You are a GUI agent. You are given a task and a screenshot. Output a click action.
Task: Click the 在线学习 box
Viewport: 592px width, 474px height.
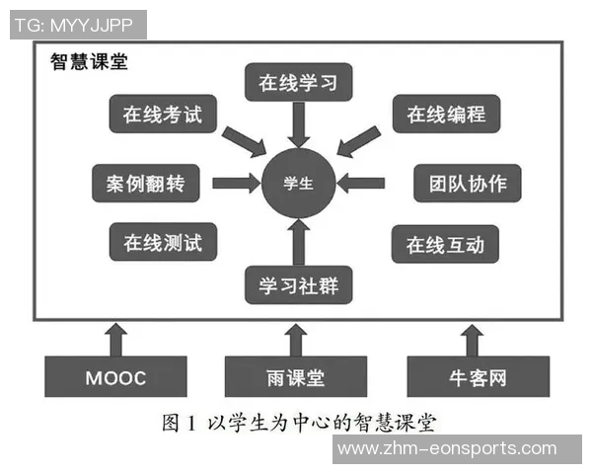click(298, 82)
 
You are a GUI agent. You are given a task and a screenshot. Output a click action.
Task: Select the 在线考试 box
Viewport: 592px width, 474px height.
click(162, 115)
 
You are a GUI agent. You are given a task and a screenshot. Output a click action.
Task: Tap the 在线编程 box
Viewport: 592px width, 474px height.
click(446, 115)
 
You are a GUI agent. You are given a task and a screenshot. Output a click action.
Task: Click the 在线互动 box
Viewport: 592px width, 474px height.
click(445, 243)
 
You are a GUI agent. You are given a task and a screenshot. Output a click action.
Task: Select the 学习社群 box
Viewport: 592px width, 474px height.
click(298, 283)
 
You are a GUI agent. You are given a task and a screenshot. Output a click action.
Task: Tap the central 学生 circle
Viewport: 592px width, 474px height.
click(298, 183)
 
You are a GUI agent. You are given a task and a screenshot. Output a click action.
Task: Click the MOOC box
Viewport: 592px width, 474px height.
click(115, 377)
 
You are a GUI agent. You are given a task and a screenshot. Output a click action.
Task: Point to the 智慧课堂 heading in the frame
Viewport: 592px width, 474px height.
click(89, 61)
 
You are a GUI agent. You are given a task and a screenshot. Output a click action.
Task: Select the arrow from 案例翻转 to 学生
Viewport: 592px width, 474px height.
click(235, 183)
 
